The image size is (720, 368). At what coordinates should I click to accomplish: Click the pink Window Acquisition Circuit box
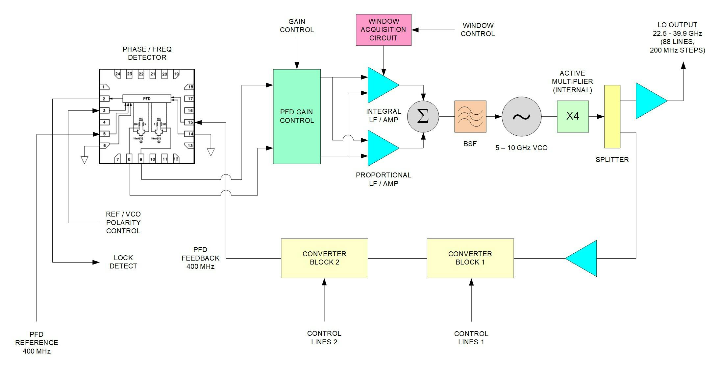coord(383,30)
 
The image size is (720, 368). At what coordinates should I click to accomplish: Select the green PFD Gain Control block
coord(297,116)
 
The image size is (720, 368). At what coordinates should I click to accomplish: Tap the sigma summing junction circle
coord(423,117)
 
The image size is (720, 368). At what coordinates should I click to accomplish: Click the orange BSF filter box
coord(470,117)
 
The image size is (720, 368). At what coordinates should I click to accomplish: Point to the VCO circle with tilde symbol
coord(521,117)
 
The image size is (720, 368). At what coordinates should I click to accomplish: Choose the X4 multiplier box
coord(572,117)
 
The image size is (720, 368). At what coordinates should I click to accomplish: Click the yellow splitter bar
coord(612,117)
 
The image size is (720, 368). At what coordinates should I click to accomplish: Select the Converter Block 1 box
coord(470,258)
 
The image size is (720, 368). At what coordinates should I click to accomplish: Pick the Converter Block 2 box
coord(324,258)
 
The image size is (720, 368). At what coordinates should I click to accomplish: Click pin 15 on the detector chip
coord(190,122)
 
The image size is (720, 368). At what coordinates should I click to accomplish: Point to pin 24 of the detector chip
coord(118,74)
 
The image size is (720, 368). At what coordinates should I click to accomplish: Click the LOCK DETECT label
coord(123,262)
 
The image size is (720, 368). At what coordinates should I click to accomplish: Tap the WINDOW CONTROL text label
coord(477,30)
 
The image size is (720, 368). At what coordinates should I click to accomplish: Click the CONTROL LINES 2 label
coord(324,337)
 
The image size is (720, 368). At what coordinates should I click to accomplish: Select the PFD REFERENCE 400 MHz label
coord(37,343)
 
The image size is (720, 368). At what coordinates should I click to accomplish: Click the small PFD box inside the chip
coord(147,99)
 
